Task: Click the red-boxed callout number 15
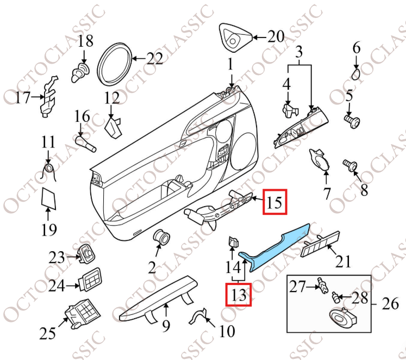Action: tap(274, 203)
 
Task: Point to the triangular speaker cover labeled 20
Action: tap(236, 37)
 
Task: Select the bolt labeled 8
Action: tap(349, 164)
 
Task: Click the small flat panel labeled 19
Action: tap(49, 199)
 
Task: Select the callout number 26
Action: tap(390, 303)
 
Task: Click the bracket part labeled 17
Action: tap(49, 99)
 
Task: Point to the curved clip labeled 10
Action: tap(201, 315)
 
